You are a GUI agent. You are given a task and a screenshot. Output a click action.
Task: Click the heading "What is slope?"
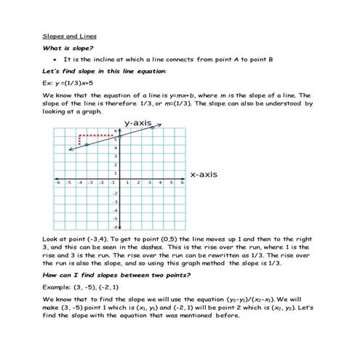(x=68, y=48)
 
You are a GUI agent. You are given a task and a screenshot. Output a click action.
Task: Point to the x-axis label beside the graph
(x=204, y=175)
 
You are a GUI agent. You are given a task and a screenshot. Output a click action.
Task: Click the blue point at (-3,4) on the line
(x=87, y=145)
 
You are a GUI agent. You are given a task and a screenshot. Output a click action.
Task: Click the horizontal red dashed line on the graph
(x=99, y=135)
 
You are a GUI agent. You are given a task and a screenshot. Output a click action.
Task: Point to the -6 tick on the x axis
(x=57, y=183)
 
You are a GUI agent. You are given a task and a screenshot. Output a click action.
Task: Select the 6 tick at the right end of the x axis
(x=182, y=183)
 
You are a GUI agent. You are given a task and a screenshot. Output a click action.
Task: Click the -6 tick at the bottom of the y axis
(x=114, y=228)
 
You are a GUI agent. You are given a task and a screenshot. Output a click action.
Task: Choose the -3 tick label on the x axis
(x=90, y=183)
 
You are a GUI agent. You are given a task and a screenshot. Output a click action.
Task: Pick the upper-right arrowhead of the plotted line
(x=160, y=126)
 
